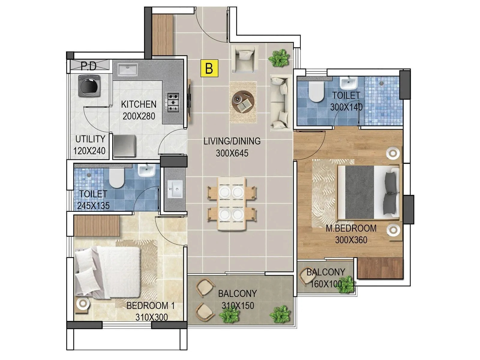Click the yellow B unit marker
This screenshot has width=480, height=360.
click(x=209, y=68)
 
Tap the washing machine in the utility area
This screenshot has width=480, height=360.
click(x=89, y=86)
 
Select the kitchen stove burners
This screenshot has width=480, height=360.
click(x=173, y=103)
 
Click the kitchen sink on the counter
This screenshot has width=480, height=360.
click(x=127, y=70)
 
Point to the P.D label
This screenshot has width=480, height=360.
click(x=89, y=66)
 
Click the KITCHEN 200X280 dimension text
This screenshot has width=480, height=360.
click(x=139, y=116)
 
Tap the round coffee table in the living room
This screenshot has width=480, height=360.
click(x=243, y=102)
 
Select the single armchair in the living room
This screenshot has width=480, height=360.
click(x=244, y=59)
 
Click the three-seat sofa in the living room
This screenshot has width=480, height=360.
click(x=281, y=103)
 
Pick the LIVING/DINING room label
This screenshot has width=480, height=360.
click(x=232, y=141)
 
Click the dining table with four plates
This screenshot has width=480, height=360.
click(x=232, y=204)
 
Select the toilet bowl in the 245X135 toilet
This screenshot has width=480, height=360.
click(x=116, y=177)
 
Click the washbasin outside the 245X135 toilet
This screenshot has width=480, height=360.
click(x=175, y=189)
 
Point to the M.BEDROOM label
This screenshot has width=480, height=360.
click(x=351, y=228)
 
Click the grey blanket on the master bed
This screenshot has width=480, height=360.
click(x=359, y=192)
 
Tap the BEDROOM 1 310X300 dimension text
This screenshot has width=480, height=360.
click(x=151, y=317)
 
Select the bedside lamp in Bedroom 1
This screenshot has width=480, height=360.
click(x=82, y=304)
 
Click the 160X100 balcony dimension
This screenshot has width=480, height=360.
click(x=326, y=284)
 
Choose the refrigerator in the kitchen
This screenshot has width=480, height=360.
click(x=125, y=145)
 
